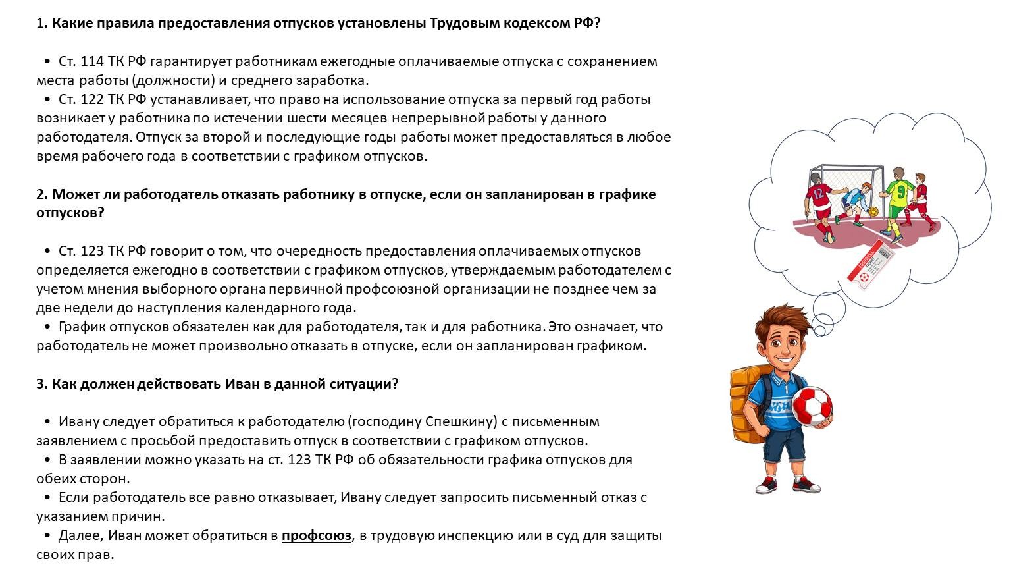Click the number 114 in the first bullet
91,61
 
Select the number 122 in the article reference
91,99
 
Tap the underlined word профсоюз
316,535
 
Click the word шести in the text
305,119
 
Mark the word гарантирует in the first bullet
190,61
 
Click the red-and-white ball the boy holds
811,406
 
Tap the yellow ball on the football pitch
873,212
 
